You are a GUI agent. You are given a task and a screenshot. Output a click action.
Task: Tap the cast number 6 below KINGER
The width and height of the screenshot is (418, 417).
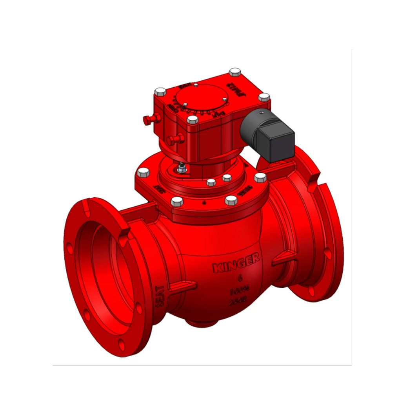[x=240, y=279]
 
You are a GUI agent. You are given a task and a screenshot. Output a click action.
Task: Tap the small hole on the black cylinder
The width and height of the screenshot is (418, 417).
[x=260, y=112]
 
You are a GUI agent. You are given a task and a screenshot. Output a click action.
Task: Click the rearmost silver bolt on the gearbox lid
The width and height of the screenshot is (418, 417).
[x=235, y=72]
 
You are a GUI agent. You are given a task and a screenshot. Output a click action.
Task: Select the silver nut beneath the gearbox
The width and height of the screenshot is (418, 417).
[x=181, y=169]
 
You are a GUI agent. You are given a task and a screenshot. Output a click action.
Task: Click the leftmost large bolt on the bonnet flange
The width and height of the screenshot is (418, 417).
[x=144, y=172]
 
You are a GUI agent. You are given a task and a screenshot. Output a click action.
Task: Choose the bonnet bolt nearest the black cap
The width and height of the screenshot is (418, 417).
[x=260, y=177]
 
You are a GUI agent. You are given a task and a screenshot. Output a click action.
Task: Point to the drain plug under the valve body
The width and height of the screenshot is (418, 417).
[x=201, y=323]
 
